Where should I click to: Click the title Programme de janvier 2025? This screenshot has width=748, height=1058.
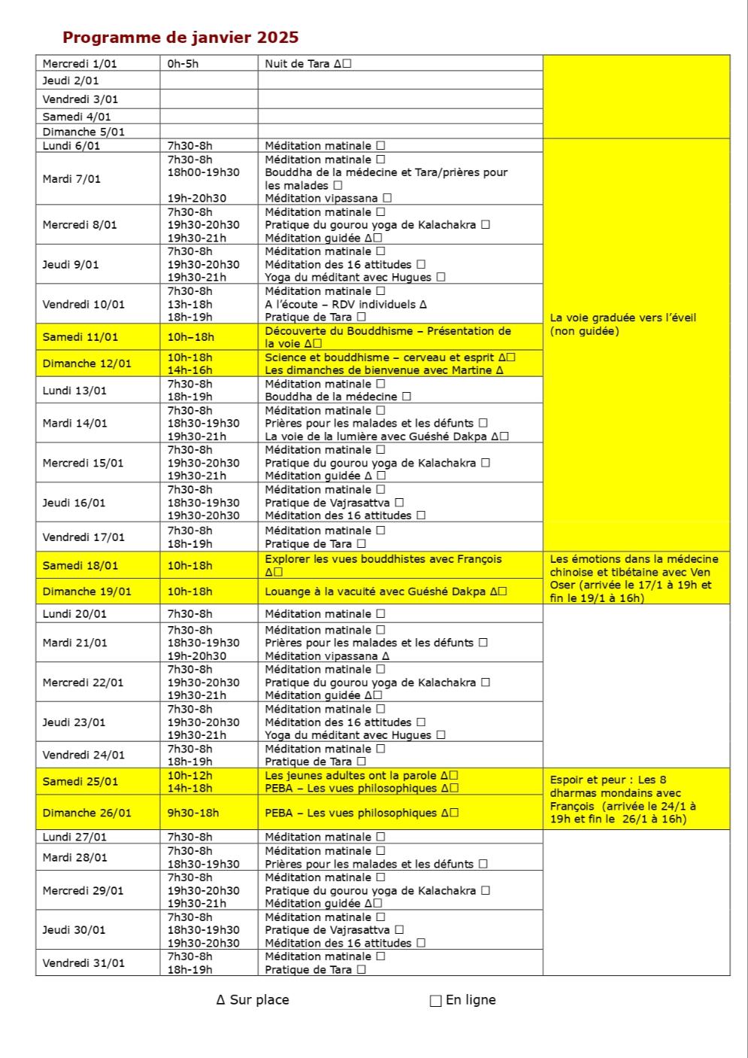click(x=180, y=38)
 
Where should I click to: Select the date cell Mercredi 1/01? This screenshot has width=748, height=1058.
click(x=75, y=64)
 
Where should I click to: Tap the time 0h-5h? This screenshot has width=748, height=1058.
click(x=183, y=64)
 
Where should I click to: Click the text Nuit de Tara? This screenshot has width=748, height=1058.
click(x=298, y=64)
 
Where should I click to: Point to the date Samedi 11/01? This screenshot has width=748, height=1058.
click(x=80, y=337)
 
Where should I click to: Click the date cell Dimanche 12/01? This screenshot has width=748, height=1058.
click(x=86, y=363)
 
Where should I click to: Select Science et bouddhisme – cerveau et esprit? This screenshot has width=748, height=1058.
click(x=380, y=357)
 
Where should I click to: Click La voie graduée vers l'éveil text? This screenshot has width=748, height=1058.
click(x=623, y=324)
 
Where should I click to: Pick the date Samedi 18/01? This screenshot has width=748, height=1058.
click(x=80, y=566)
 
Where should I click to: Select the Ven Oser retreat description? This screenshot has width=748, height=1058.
click(x=634, y=579)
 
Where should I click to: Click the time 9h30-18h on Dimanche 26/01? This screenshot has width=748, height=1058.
click(x=193, y=813)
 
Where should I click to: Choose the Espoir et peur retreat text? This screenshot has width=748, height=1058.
click(x=623, y=799)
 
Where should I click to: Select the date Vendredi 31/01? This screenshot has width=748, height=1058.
click(x=83, y=963)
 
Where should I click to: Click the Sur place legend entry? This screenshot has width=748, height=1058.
click(x=253, y=1000)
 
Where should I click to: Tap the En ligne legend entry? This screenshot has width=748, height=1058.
click(x=463, y=1000)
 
